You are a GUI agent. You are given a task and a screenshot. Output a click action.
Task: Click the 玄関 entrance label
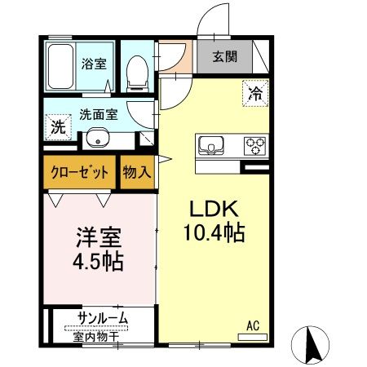click(x=224, y=57)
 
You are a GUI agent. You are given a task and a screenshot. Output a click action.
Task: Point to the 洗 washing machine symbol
click(x=56, y=127)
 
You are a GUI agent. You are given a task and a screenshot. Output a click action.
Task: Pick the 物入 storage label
click(x=137, y=173)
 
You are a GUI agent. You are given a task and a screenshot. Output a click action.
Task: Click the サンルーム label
click(x=102, y=318)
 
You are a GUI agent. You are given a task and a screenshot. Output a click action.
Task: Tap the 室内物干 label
click(x=96, y=334)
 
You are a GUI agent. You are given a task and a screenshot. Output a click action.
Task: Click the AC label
click(x=253, y=325)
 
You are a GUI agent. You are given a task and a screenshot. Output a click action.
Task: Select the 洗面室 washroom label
click(x=98, y=115)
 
